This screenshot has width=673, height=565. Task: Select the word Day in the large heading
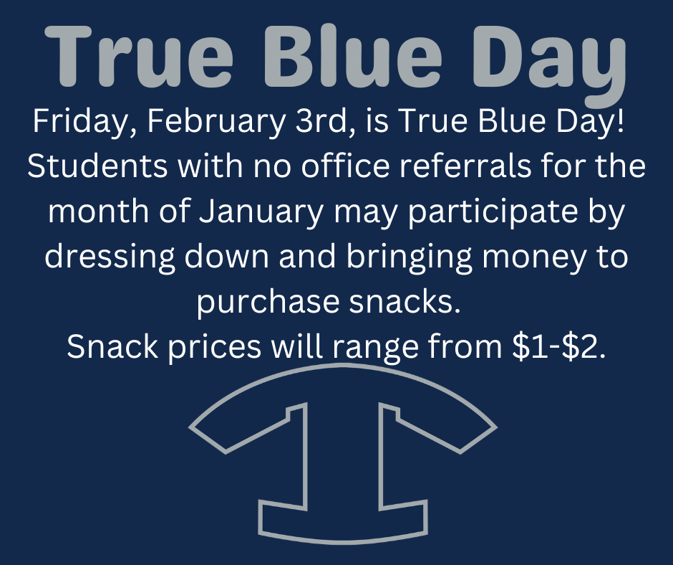click(549, 65)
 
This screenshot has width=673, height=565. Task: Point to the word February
click(216, 122)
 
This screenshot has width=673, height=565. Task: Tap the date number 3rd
click(325, 121)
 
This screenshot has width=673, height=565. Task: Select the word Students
click(97, 166)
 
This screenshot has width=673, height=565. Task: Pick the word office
click(345, 166)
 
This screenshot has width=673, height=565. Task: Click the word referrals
click(465, 166)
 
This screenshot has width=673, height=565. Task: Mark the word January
click(261, 213)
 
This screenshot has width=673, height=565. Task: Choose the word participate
click(493, 213)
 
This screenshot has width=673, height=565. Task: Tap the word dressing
click(110, 258)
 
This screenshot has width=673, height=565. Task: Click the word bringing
click(409, 258)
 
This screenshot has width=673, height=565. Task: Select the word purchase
click(268, 303)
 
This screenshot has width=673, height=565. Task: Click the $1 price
click(531, 346)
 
